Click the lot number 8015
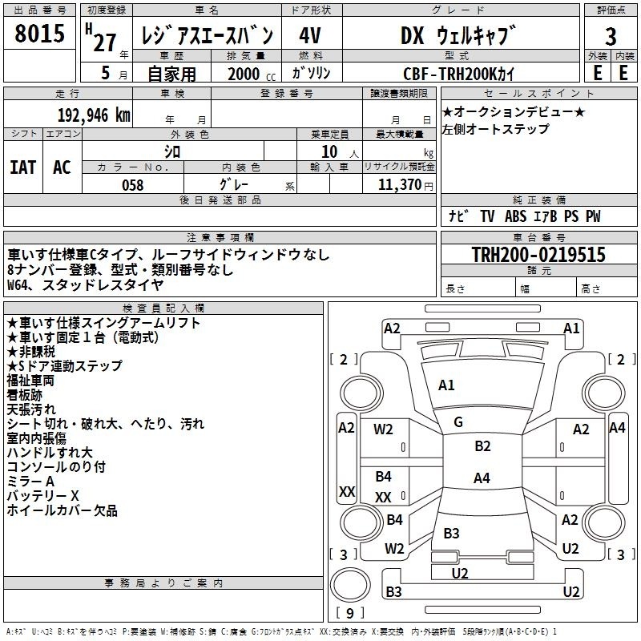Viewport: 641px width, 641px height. click(39, 34)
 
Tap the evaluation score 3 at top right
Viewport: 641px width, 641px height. click(611, 36)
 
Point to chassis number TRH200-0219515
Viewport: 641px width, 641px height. click(538, 255)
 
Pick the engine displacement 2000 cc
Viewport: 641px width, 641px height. click(242, 74)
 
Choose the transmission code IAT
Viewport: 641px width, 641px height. click(22, 167)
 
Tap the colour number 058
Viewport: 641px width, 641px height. click(132, 185)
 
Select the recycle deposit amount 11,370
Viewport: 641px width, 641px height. click(398, 185)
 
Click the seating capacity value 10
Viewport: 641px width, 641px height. click(329, 151)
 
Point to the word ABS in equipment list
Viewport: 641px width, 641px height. click(515, 216)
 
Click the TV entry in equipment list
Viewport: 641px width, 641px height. click(487, 216)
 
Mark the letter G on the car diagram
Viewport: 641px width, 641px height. click(458, 422)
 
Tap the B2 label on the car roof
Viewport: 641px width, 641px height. click(482, 446)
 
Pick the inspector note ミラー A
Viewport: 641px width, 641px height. click(30, 482)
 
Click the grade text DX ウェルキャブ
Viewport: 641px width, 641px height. click(458, 35)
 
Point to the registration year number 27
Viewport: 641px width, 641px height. click(104, 42)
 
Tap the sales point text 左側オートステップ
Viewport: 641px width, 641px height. click(496, 129)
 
